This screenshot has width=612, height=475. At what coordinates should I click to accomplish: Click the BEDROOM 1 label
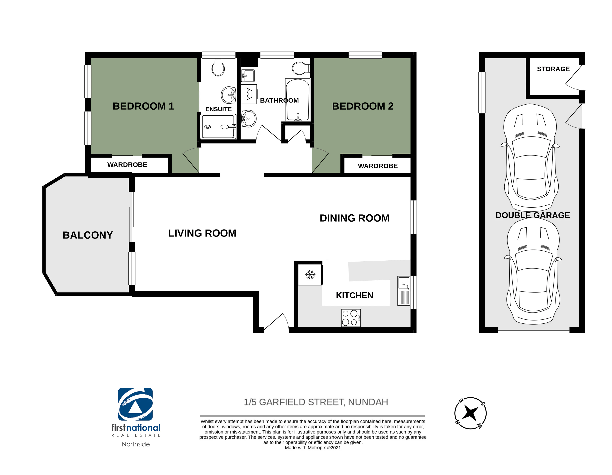(143, 106)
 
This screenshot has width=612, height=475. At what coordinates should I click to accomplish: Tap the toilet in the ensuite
(218, 67)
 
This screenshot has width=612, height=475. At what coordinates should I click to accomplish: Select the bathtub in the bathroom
(298, 100)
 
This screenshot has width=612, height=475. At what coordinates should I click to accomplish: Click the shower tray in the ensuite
(218, 127)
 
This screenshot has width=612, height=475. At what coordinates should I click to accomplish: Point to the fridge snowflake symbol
(310, 275)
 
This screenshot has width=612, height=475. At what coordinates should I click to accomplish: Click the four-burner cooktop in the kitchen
(351, 318)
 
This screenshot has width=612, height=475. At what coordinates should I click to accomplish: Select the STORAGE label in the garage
(553, 69)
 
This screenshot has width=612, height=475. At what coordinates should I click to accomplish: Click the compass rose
(470, 413)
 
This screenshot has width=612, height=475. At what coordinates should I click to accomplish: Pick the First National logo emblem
(135, 404)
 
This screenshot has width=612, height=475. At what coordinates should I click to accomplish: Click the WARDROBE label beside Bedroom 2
(378, 166)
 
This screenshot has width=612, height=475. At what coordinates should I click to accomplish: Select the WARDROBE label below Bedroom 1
(127, 165)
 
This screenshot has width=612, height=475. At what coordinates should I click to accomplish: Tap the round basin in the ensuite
(229, 95)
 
